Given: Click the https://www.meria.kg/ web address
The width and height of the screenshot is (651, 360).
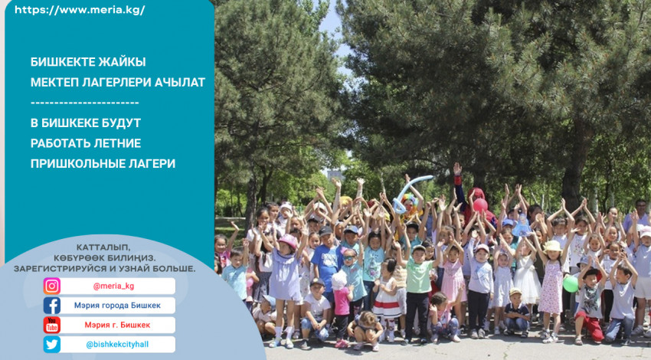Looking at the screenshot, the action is click(80, 10).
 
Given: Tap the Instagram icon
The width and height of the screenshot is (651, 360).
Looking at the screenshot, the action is click(52, 286).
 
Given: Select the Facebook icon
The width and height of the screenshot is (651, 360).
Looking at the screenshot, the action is click(52, 306).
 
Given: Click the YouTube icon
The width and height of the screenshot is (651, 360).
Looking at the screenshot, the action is click(52, 325).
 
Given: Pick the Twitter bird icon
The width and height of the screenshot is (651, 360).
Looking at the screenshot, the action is click(52, 344).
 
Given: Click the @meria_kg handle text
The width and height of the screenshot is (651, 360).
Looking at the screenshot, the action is click(114, 286).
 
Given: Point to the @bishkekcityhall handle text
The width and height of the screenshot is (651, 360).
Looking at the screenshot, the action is click(117, 344).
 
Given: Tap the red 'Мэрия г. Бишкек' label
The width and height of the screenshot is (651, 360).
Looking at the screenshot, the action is click(117, 325).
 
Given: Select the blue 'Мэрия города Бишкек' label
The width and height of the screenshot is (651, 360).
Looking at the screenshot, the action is click(117, 306).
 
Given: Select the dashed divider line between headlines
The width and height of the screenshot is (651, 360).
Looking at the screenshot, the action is click(85, 103).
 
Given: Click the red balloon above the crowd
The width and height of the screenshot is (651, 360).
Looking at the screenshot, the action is click(480, 205).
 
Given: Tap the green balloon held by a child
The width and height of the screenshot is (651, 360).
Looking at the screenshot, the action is click(571, 284).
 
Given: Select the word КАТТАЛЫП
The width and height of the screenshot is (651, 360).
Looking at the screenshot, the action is click(103, 247).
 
